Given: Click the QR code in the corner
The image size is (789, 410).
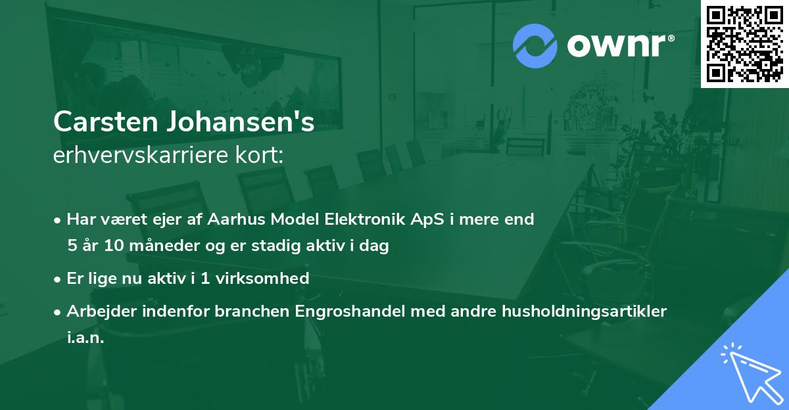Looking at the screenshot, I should pyautogui.click(x=744, y=43).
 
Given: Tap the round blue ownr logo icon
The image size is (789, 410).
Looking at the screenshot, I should pyautogui.click(x=535, y=45).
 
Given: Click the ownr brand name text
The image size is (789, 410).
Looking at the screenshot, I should pyautogui.click(x=620, y=45).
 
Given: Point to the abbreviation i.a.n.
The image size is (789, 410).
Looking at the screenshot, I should pyautogui.click(x=85, y=338).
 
